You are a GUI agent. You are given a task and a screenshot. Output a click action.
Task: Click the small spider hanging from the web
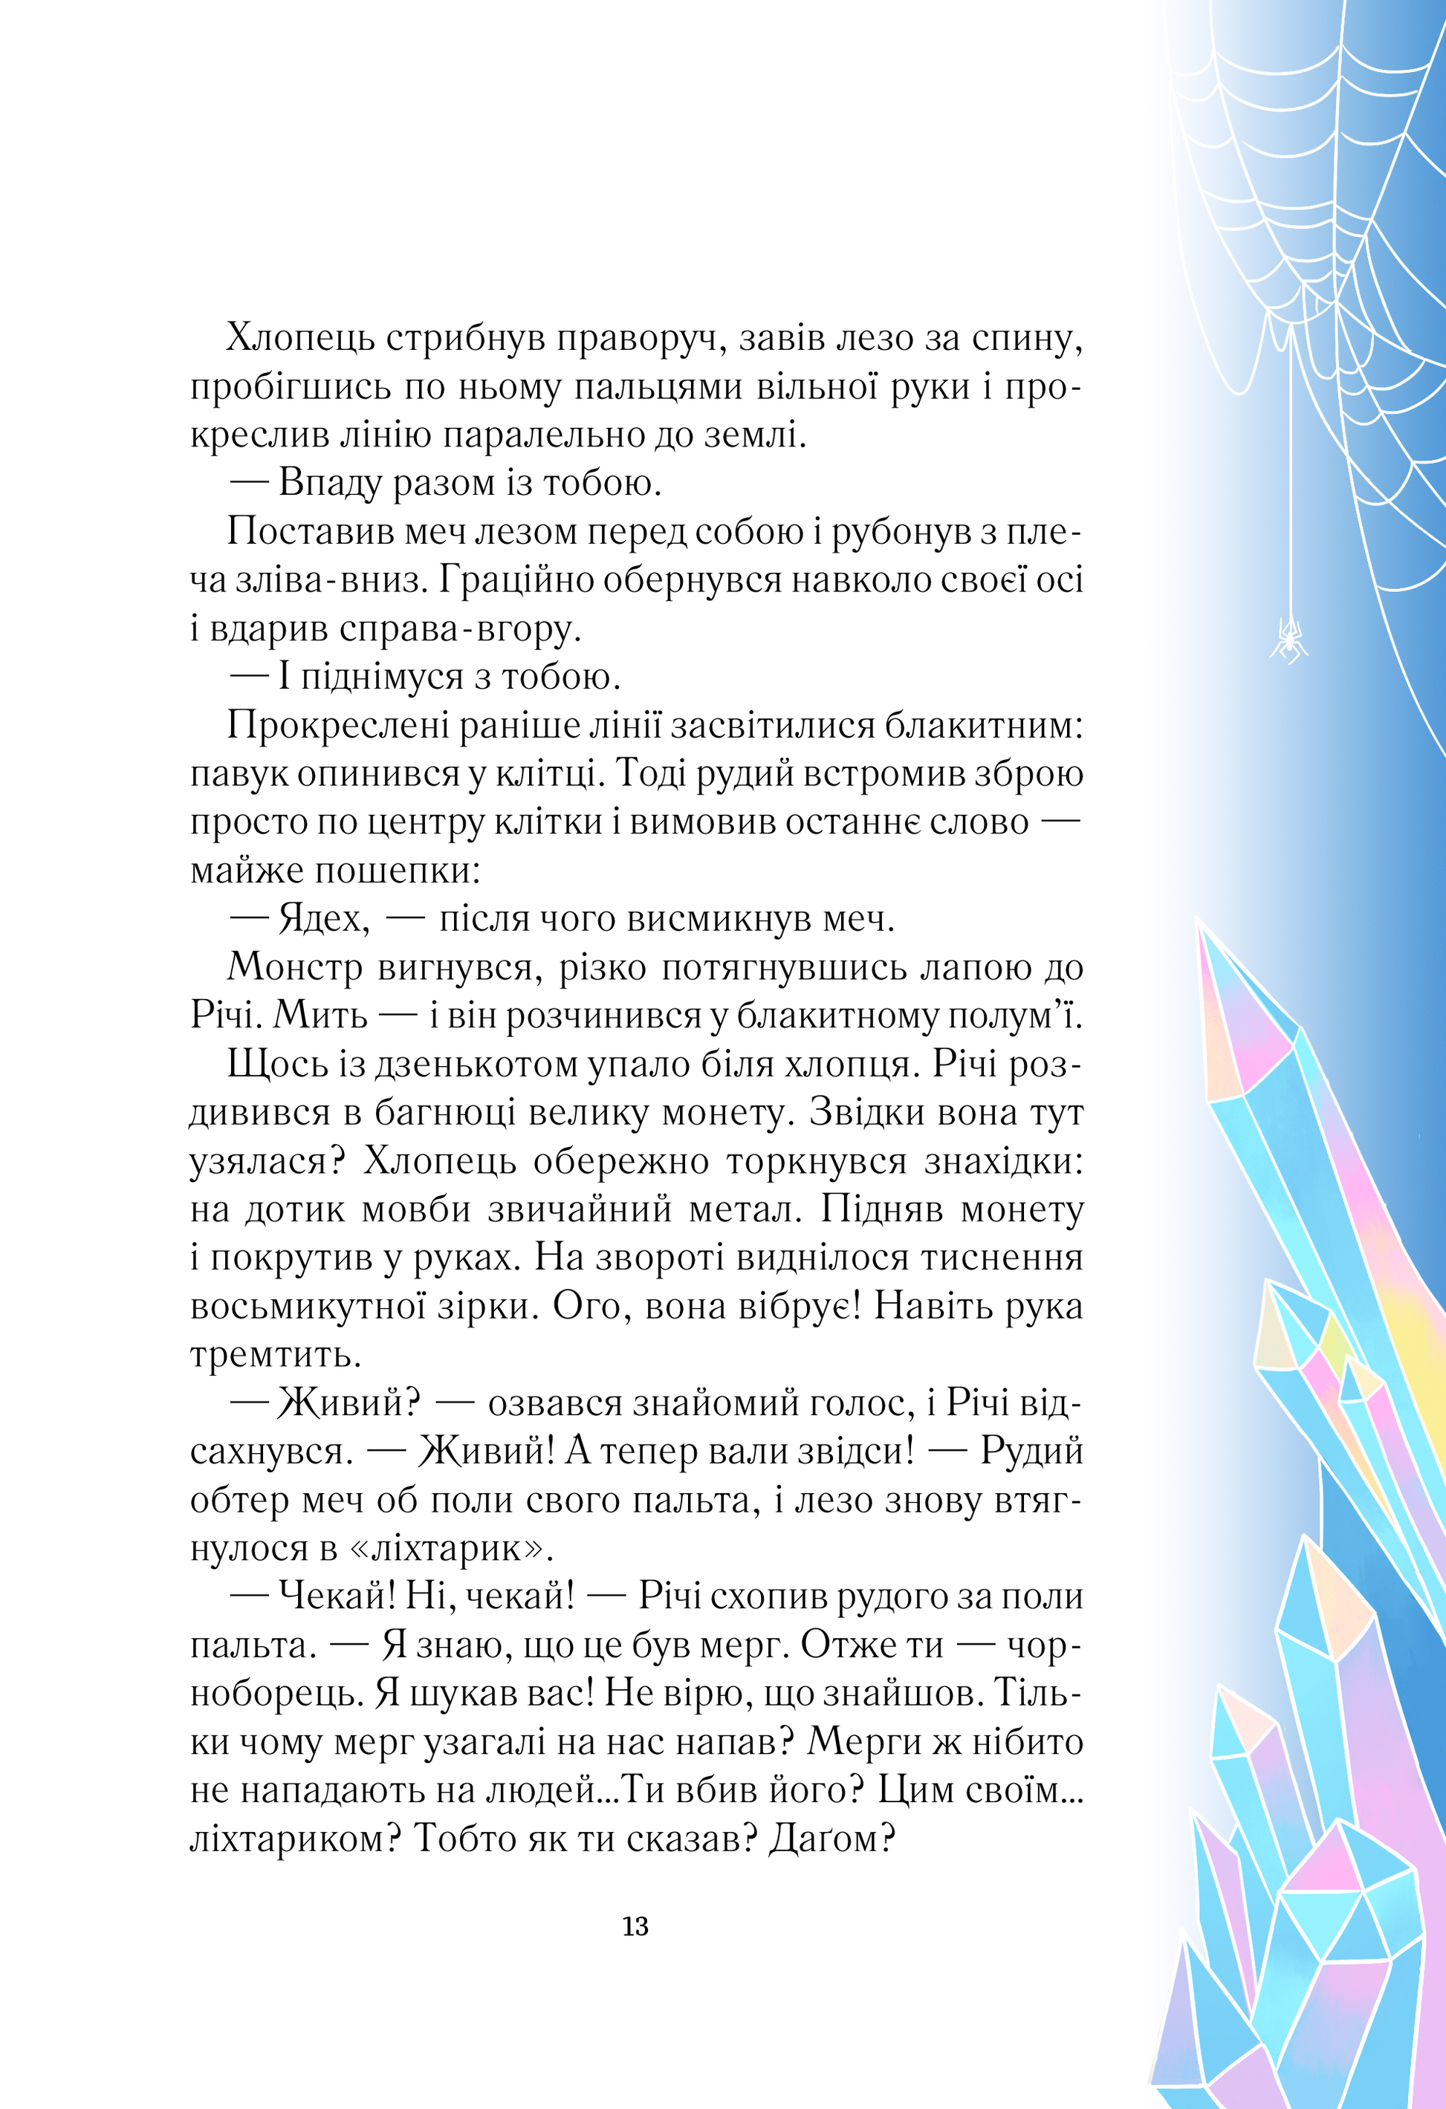pyautogui.click(x=1288, y=640)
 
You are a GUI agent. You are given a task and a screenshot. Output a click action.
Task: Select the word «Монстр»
pyautogui.click(x=295, y=967)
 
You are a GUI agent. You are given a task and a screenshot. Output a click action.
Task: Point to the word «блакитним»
pyautogui.click(x=984, y=725)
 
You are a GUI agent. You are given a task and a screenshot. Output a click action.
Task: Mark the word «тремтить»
pyautogui.click(x=276, y=1355)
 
